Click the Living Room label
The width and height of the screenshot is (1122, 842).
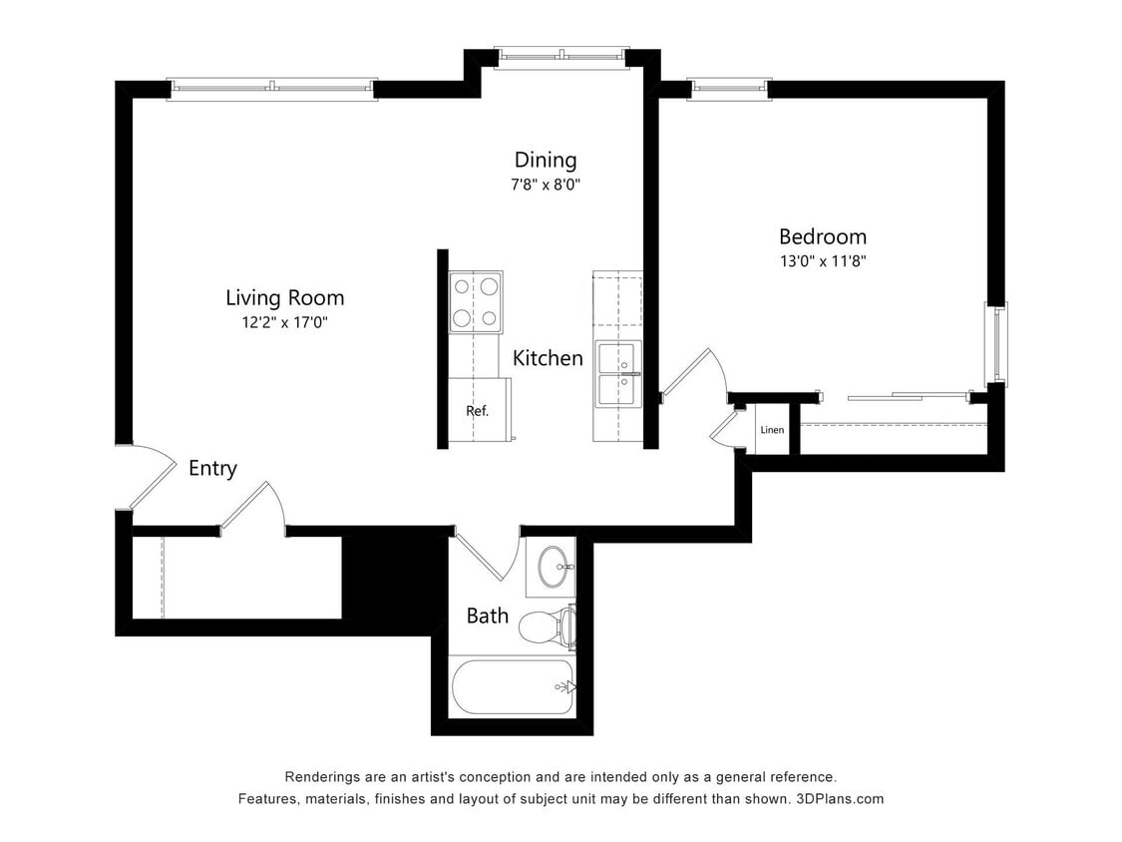pos(284,297)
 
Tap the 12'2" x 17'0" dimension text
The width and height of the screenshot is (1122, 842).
pos(284,322)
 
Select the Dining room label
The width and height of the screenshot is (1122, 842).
pos(546,160)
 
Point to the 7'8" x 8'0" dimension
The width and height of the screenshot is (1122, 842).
pos(546,185)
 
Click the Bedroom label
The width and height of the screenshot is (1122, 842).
pos(822,236)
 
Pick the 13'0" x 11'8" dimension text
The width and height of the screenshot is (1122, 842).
pos(822,261)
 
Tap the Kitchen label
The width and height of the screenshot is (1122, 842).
pos(548,358)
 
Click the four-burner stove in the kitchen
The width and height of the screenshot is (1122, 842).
pos(476,302)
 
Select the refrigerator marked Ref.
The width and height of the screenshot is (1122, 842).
pos(478,410)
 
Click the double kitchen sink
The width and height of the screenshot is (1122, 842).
pos(618,374)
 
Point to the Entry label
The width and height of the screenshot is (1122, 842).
pos(212,468)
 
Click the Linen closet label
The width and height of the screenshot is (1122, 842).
pos(772,430)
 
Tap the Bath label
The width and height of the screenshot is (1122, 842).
pos(488,616)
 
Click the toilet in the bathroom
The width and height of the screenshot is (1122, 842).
pos(546,627)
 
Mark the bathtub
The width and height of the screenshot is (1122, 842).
pos(513,686)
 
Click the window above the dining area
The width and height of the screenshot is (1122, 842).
pos(561,57)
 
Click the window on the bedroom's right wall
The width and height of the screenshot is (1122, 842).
pos(996,344)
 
